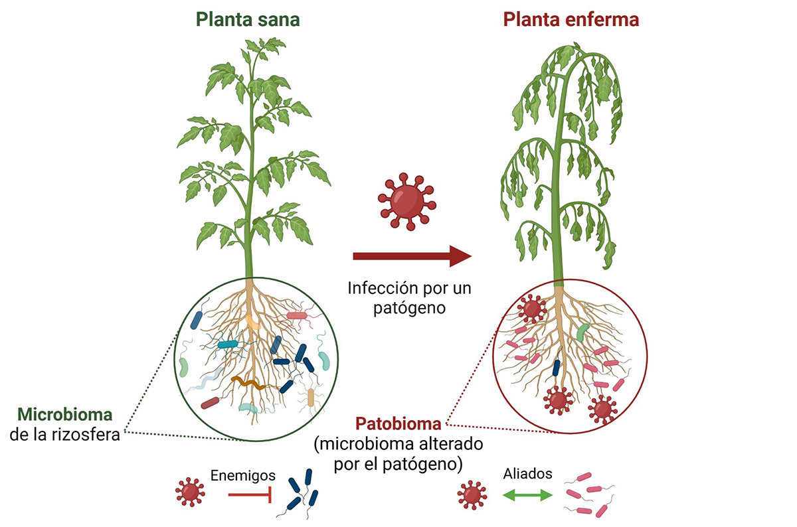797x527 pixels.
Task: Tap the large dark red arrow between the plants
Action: point(411,256)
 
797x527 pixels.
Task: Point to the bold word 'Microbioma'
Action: point(65,415)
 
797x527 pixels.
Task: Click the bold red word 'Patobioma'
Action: point(398,423)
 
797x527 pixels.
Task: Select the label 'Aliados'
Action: point(528,475)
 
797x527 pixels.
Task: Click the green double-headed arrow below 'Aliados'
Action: point(527,495)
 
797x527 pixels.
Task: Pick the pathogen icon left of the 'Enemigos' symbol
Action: point(190,492)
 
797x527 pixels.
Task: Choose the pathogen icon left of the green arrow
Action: point(472,494)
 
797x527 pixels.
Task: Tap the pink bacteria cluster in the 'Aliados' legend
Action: point(588,494)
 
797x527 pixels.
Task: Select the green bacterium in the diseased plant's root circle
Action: point(582,332)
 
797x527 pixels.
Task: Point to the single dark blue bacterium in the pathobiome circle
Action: point(557,367)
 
